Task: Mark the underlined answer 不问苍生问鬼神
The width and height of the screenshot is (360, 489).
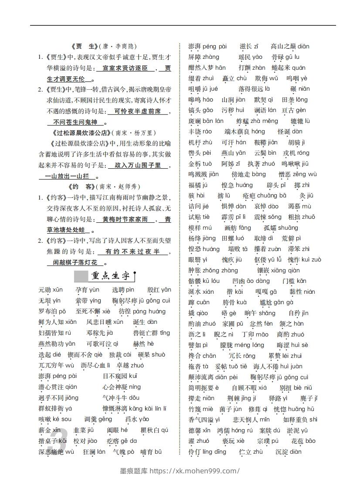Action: click(75, 122)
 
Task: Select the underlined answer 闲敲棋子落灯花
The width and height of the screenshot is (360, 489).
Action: click(75, 262)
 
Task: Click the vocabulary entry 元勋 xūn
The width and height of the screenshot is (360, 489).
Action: click(51, 290)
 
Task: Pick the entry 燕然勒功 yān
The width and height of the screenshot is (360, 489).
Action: click(57, 344)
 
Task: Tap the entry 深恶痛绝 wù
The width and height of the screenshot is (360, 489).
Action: click(56, 452)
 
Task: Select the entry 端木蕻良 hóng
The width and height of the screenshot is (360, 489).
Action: click(245, 132)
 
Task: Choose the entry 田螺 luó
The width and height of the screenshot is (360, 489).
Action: click(233, 238)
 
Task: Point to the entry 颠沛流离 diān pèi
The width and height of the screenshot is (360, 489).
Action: click(213, 377)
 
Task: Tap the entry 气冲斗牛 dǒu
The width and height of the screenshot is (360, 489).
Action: click(121, 398)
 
